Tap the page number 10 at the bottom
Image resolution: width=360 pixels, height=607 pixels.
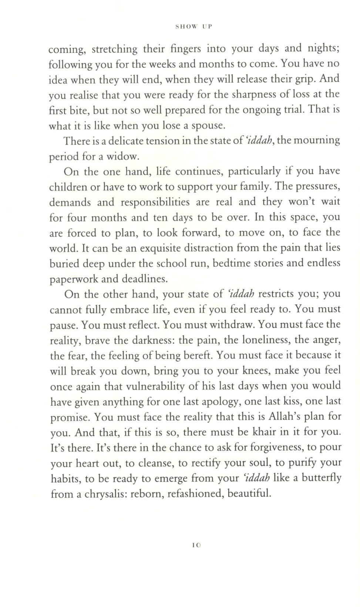[x=196, y=545]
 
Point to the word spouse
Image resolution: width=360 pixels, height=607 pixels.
[x=209, y=126]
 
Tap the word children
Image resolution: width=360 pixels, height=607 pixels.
[x=68, y=187]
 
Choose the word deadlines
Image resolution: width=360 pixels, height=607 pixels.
[x=146, y=279]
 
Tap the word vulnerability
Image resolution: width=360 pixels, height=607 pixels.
[x=155, y=386]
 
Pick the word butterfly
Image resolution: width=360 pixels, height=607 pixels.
[x=321, y=478]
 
